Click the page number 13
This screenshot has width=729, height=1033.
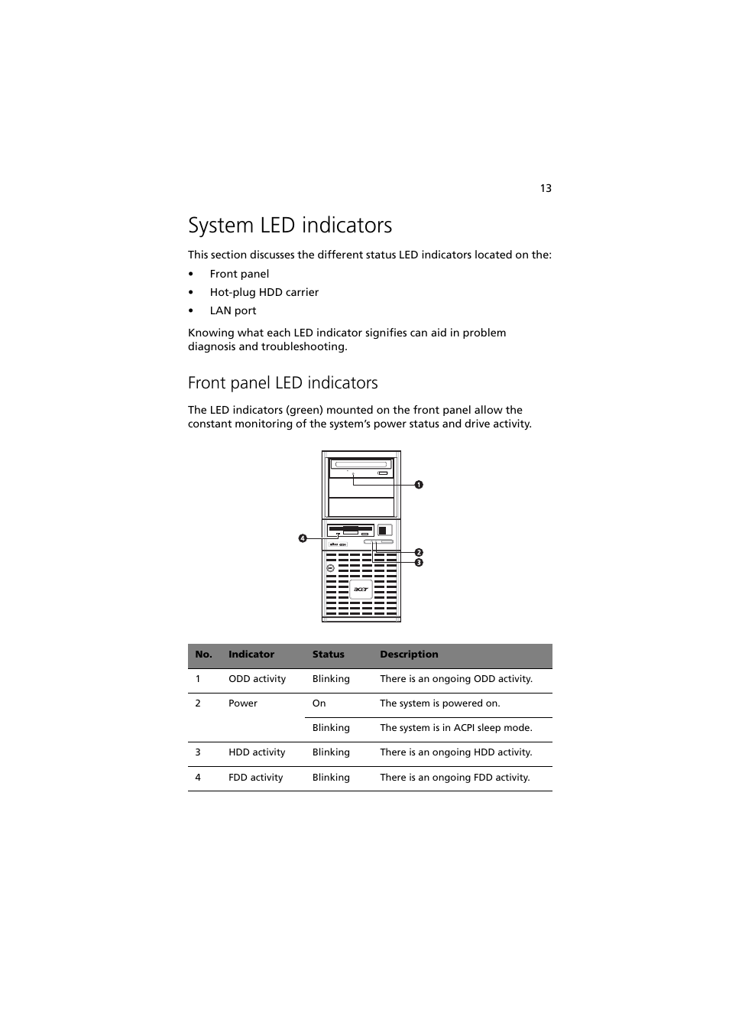tap(546, 188)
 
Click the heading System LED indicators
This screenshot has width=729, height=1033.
tap(290, 225)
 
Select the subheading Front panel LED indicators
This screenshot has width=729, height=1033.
tap(283, 382)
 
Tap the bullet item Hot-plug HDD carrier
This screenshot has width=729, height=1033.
tap(264, 292)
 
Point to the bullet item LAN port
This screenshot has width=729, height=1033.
tap(232, 310)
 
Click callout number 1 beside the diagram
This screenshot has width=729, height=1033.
tap(419, 484)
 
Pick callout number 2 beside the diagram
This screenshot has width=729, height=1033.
tap(419, 552)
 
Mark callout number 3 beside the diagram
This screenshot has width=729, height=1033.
tap(419, 562)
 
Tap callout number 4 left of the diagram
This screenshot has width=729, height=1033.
tap(303, 538)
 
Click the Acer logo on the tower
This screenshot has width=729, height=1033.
tap(361, 589)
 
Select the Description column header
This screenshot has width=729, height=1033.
tap(409, 655)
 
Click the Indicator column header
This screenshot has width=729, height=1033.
tap(251, 655)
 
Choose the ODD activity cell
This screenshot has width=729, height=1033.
tap(257, 679)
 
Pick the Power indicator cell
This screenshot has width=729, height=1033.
tap(242, 703)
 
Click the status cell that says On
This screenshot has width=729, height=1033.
tap(319, 703)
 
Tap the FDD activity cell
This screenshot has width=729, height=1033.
tap(255, 778)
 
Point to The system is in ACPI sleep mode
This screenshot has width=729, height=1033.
tap(455, 728)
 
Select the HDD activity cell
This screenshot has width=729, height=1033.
tap(257, 752)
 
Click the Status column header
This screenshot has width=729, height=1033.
tap(328, 655)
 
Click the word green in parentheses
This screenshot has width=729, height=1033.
tap(304, 410)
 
